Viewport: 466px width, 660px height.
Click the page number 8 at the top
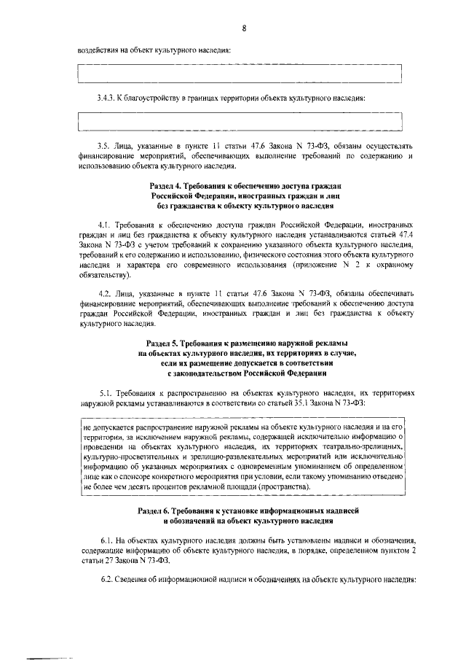245,28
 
